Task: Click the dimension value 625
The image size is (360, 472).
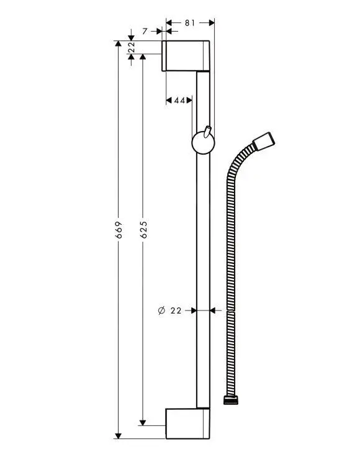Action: click(x=143, y=230)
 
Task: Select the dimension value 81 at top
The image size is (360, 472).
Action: click(x=190, y=23)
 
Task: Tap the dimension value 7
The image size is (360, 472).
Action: click(x=145, y=30)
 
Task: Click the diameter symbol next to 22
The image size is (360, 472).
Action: click(x=161, y=310)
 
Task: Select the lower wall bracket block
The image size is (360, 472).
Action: click(x=187, y=423)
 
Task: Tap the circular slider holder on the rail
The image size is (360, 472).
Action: click(x=200, y=143)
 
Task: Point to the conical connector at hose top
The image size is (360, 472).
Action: click(x=264, y=140)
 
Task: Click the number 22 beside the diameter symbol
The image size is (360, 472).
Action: click(x=176, y=310)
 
